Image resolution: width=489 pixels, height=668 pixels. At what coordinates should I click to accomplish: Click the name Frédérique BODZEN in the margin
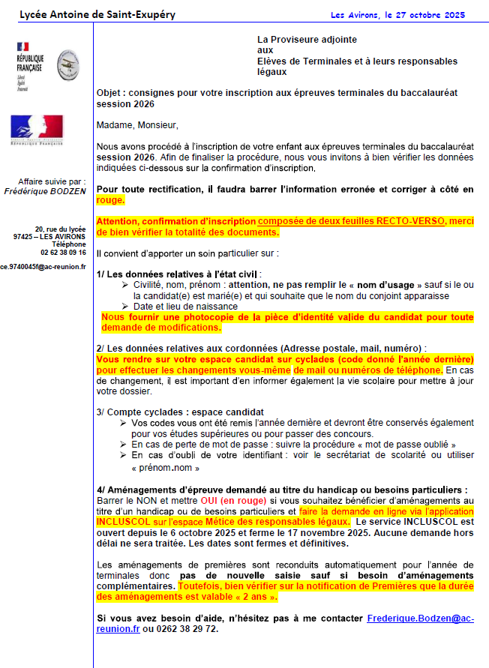[48, 191]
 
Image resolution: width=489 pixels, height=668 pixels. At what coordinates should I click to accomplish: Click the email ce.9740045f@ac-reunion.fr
[43, 266]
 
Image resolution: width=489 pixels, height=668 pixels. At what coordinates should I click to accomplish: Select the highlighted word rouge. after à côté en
[111, 200]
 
